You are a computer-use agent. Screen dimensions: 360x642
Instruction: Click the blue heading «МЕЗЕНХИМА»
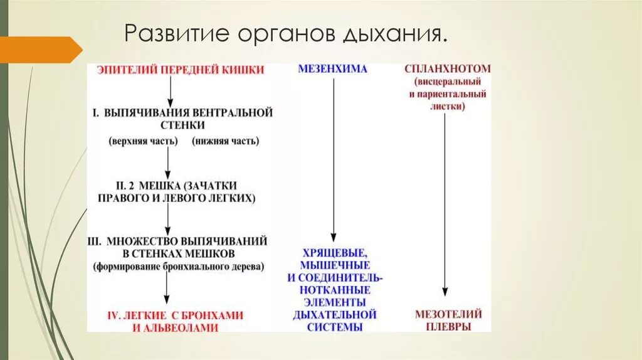coord(332,69)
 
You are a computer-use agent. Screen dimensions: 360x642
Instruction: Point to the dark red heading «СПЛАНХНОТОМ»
coord(447,69)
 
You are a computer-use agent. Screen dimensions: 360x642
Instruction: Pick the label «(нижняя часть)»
coord(225,140)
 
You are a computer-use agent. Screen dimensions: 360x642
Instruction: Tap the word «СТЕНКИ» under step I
coord(171,125)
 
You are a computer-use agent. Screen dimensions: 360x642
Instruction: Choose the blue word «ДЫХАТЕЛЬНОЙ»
coord(335,314)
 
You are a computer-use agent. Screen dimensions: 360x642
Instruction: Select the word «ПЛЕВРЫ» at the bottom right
coord(447,327)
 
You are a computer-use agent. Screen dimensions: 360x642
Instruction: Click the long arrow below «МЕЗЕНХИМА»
coord(333,157)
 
